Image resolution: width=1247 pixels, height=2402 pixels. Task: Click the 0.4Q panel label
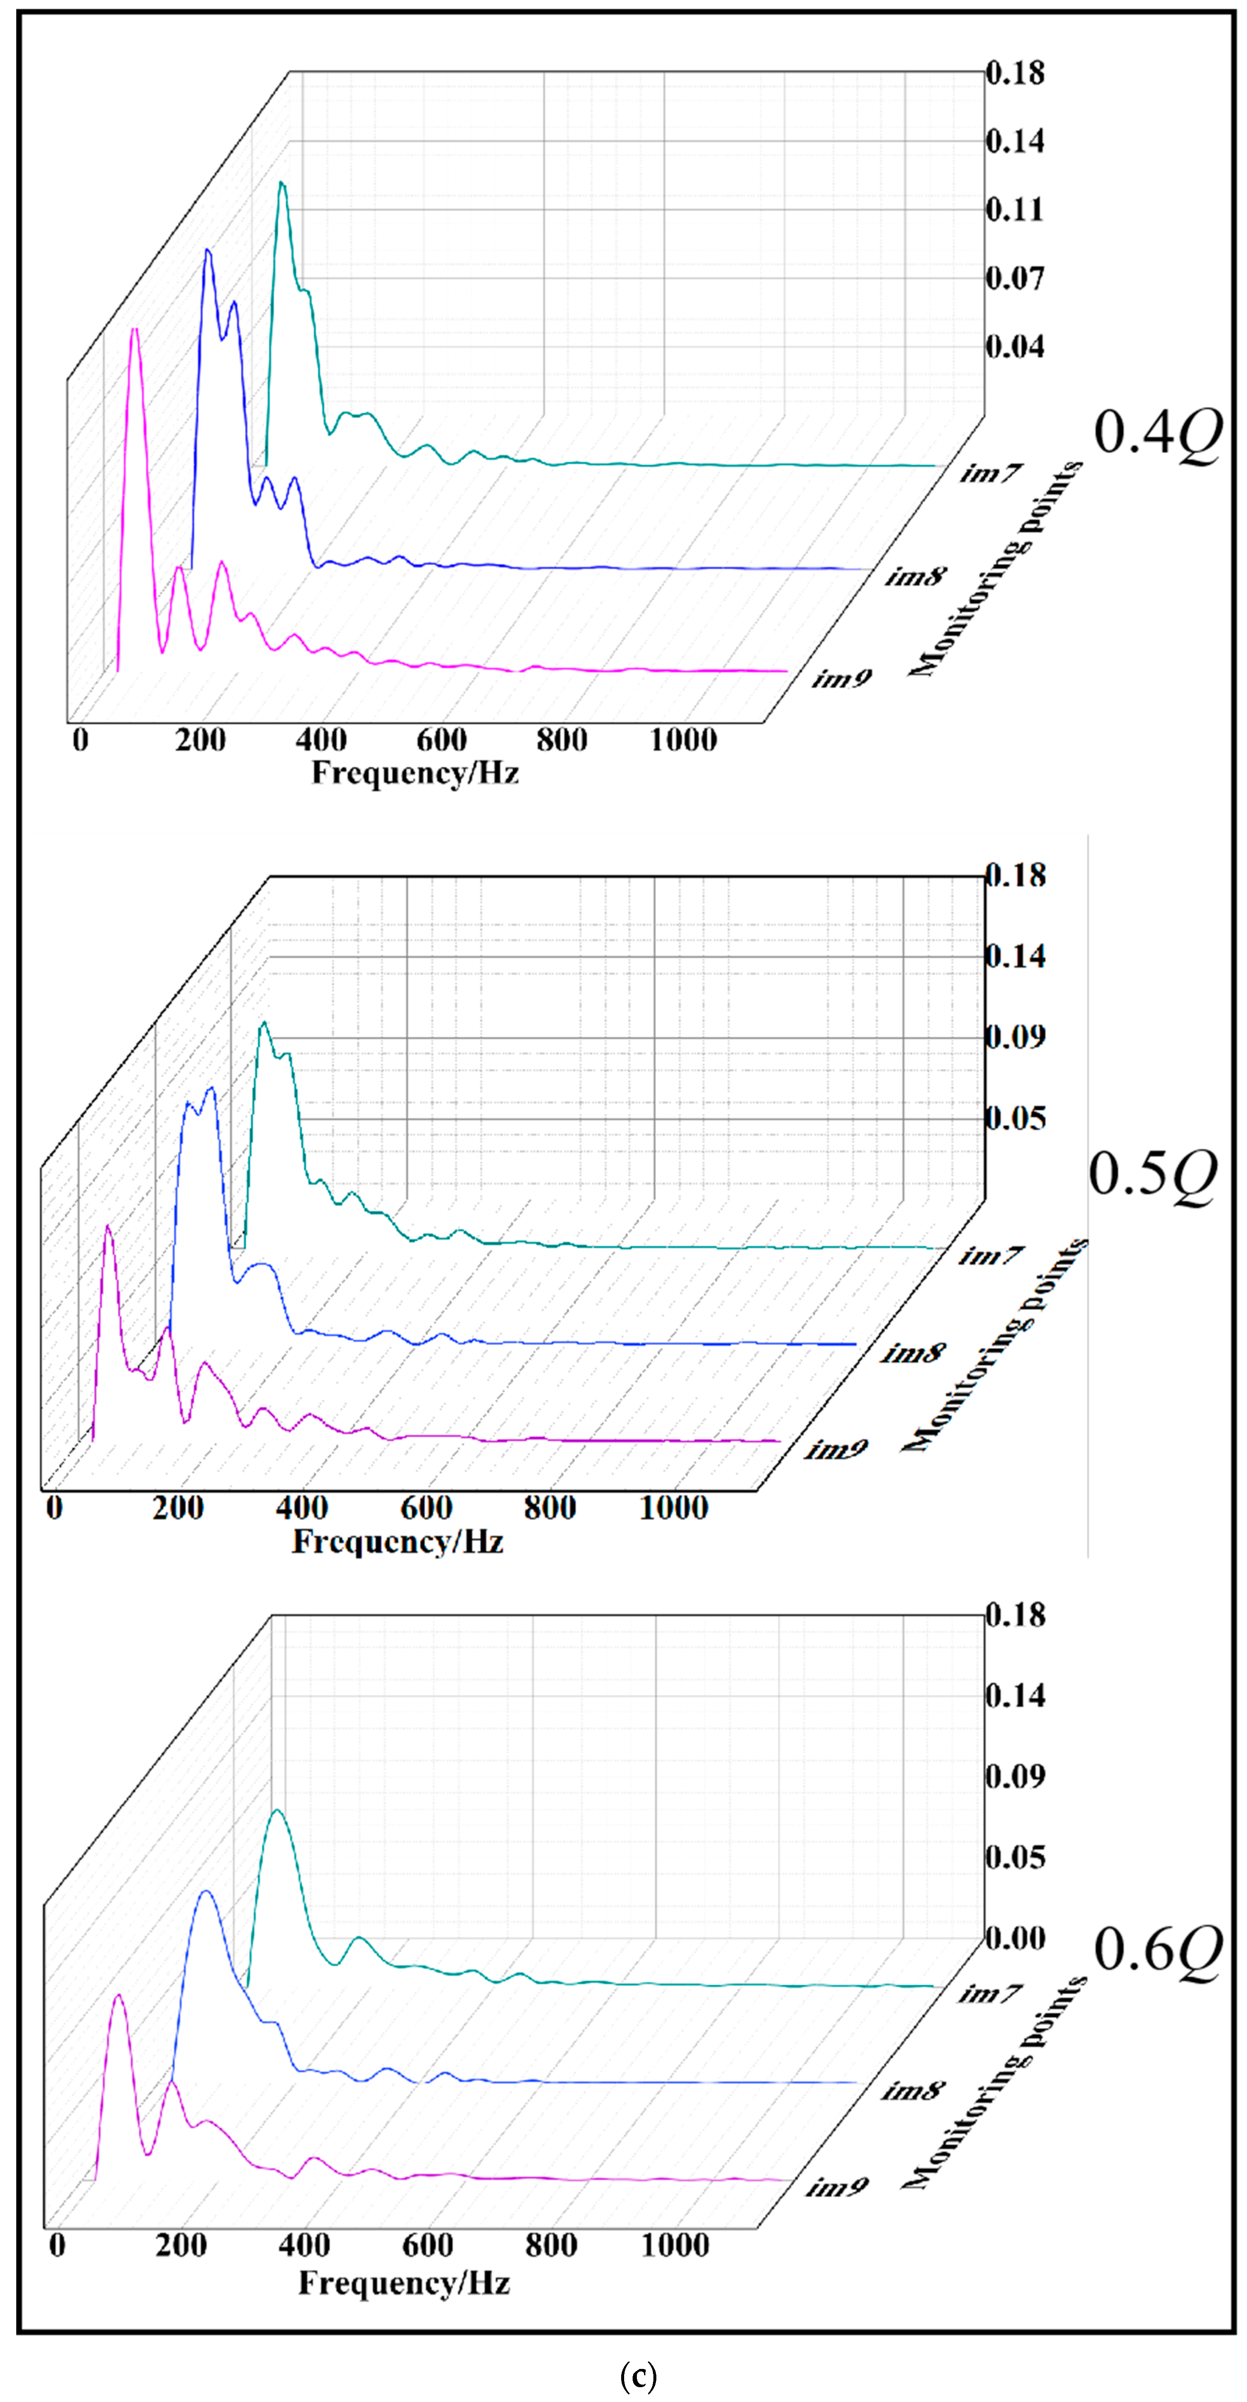coord(1157,433)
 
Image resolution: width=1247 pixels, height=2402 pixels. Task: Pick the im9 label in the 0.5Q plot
coord(837,1448)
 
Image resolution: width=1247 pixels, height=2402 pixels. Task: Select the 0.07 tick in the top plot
coord(1015,278)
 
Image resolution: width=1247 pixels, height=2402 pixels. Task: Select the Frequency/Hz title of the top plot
coord(415,773)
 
